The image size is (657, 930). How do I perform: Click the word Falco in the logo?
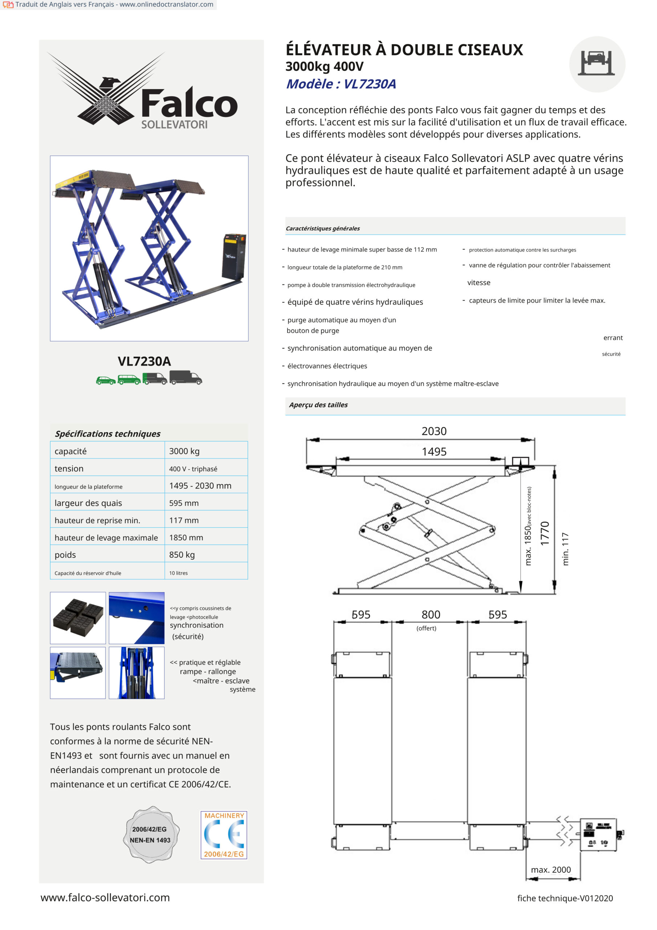pyautogui.click(x=189, y=104)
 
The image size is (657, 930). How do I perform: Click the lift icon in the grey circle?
pyautogui.click(x=597, y=64)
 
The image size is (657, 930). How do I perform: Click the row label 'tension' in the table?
pyautogui.click(x=69, y=468)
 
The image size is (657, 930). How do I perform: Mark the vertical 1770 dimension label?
pyautogui.click(x=545, y=533)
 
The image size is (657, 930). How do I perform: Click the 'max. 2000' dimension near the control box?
pyautogui.click(x=551, y=870)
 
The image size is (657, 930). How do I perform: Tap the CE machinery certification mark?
pyautogui.click(x=224, y=835)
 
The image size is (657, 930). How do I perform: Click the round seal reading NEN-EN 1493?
pyautogui.click(x=151, y=834)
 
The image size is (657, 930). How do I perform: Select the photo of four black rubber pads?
pyautogui.click(x=78, y=618)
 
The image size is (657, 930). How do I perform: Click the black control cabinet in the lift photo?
pyautogui.click(x=233, y=256)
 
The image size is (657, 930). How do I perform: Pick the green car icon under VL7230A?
pyautogui.click(x=106, y=380)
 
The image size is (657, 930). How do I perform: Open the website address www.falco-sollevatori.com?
pyautogui.click(x=105, y=898)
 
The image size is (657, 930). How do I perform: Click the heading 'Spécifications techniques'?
pyautogui.click(x=108, y=433)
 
